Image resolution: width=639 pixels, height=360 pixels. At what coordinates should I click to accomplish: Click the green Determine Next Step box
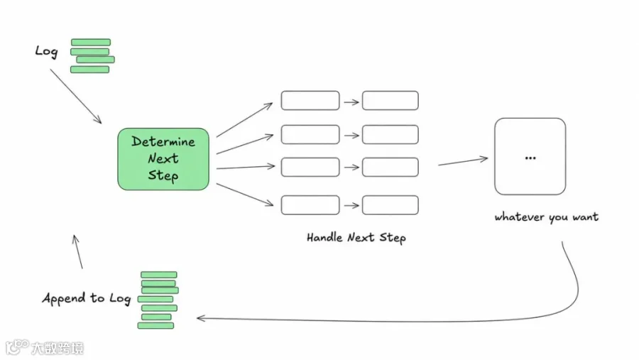[163, 159]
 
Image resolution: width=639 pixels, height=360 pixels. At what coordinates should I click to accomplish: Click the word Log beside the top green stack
[46, 52]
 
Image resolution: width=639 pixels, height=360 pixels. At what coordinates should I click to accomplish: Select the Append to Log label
[87, 298]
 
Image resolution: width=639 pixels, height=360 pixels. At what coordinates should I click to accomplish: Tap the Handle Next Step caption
[356, 238]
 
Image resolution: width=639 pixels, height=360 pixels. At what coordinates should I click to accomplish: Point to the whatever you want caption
[547, 217]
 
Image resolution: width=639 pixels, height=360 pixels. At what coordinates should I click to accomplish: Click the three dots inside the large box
[530, 158]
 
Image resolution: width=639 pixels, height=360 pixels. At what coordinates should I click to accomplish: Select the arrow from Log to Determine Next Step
[76, 97]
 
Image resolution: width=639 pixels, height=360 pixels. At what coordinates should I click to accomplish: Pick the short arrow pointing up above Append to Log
[77, 251]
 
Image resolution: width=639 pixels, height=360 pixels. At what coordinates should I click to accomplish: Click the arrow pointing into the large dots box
[463, 161]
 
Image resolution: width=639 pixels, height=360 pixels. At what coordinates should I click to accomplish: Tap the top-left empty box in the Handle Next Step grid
[310, 100]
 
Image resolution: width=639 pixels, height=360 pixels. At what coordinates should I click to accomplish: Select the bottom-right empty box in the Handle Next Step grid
[390, 204]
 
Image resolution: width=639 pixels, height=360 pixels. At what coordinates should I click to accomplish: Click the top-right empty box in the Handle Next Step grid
[390, 100]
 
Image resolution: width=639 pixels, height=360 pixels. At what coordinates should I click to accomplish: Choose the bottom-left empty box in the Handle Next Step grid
[310, 204]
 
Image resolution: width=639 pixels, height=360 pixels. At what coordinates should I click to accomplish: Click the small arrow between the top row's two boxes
[351, 102]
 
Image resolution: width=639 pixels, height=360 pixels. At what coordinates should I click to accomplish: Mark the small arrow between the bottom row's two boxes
[351, 205]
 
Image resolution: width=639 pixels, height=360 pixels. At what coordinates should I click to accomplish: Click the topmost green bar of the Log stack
[91, 42]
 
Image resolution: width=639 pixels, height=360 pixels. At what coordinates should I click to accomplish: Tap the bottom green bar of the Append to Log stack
[155, 325]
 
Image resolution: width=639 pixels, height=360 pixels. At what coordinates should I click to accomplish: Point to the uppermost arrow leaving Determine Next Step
[244, 120]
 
